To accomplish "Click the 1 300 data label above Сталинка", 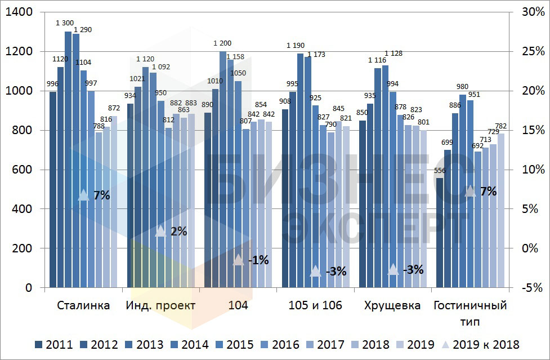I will pyautogui.click(x=64, y=23).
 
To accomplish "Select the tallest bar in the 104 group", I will pyautogui.click(x=223, y=169).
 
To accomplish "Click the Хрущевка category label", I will pyautogui.click(x=392, y=306).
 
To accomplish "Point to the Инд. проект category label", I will pyautogui.click(x=161, y=306).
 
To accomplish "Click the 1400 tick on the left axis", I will pyautogui.click(x=23, y=12).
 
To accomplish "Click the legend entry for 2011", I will pyautogui.click(x=53, y=344).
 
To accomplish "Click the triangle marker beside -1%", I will pyautogui.click(x=239, y=260).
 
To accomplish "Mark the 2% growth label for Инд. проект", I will pyautogui.click(x=178, y=231).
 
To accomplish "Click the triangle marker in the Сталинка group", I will pyautogui.click(x=83, y=195).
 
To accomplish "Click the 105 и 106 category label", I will pyautogui.click(x=315, y=306).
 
